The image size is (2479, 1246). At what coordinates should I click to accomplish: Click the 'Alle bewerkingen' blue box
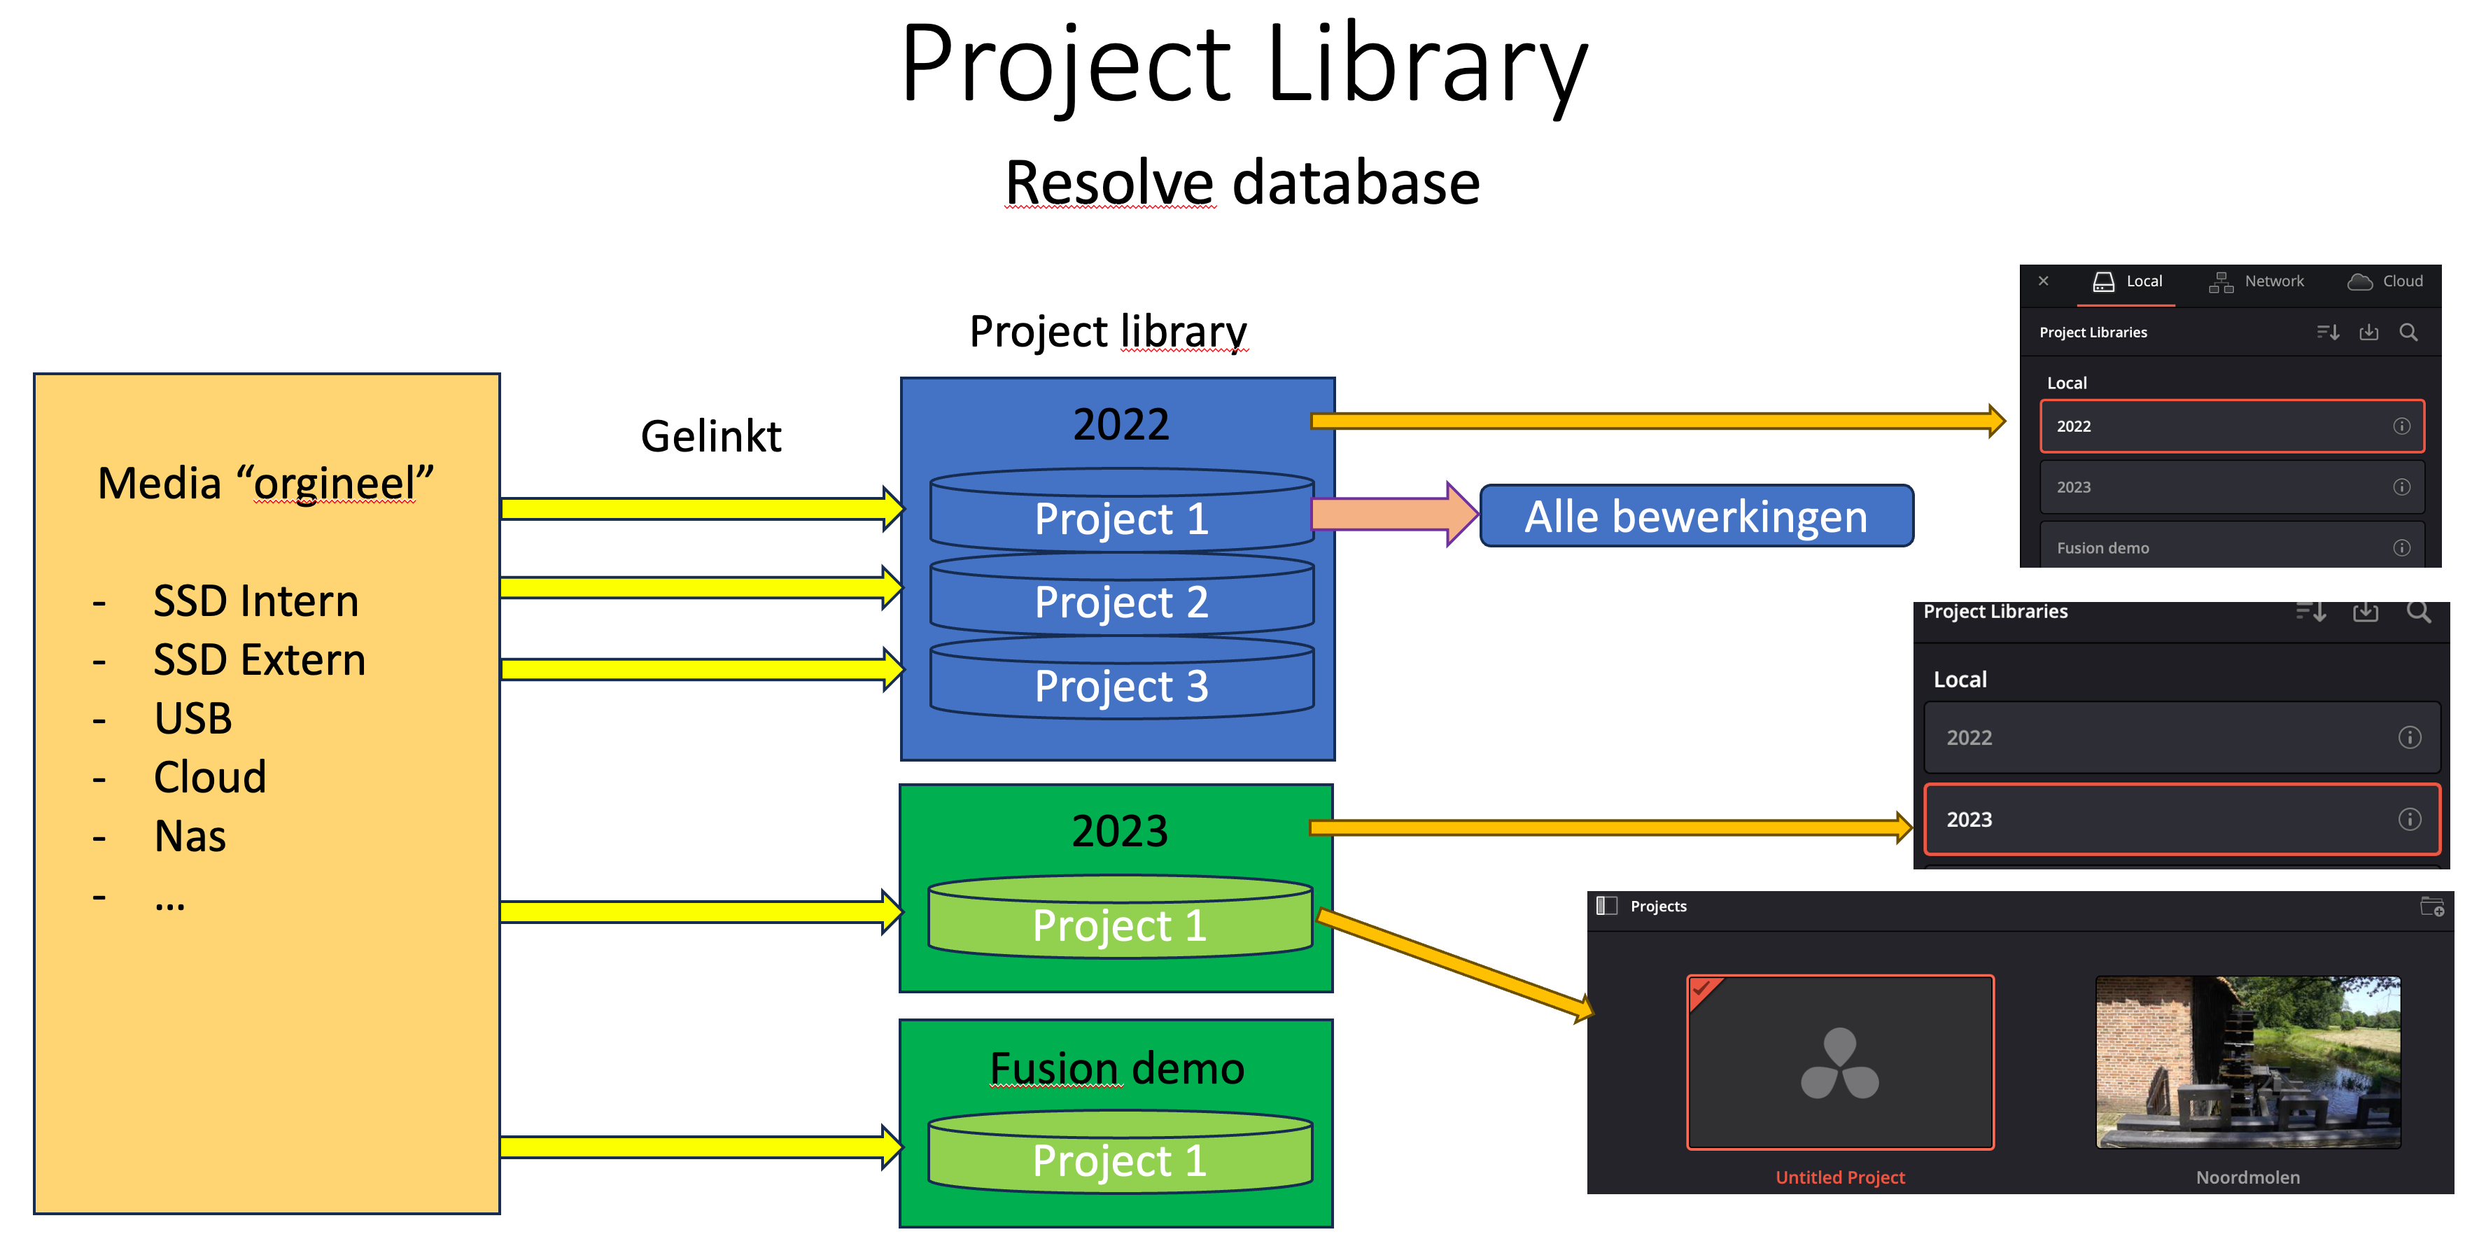pos(1696,517)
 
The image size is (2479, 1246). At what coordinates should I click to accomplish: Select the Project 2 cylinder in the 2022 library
pos(1121,602)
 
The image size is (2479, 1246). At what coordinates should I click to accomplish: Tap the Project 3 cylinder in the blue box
pos(1121,686)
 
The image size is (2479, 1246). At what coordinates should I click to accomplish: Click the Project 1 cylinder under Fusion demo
pos(1119,1159)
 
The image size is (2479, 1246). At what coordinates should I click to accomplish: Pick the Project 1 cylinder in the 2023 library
pos(1119,925)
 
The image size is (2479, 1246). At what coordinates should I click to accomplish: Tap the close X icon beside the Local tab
pos(2043,281)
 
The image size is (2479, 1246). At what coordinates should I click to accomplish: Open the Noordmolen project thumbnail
pos(2248,1062)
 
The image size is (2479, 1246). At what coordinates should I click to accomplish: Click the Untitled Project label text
pos(1840,1177)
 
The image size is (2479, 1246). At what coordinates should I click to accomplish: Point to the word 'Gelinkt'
pos(711,436)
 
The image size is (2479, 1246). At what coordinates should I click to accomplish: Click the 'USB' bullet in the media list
pos(193,719)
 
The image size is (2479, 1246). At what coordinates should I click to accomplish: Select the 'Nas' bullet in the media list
pos(190,836)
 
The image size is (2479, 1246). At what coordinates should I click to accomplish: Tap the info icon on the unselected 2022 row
pos(2409,738)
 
